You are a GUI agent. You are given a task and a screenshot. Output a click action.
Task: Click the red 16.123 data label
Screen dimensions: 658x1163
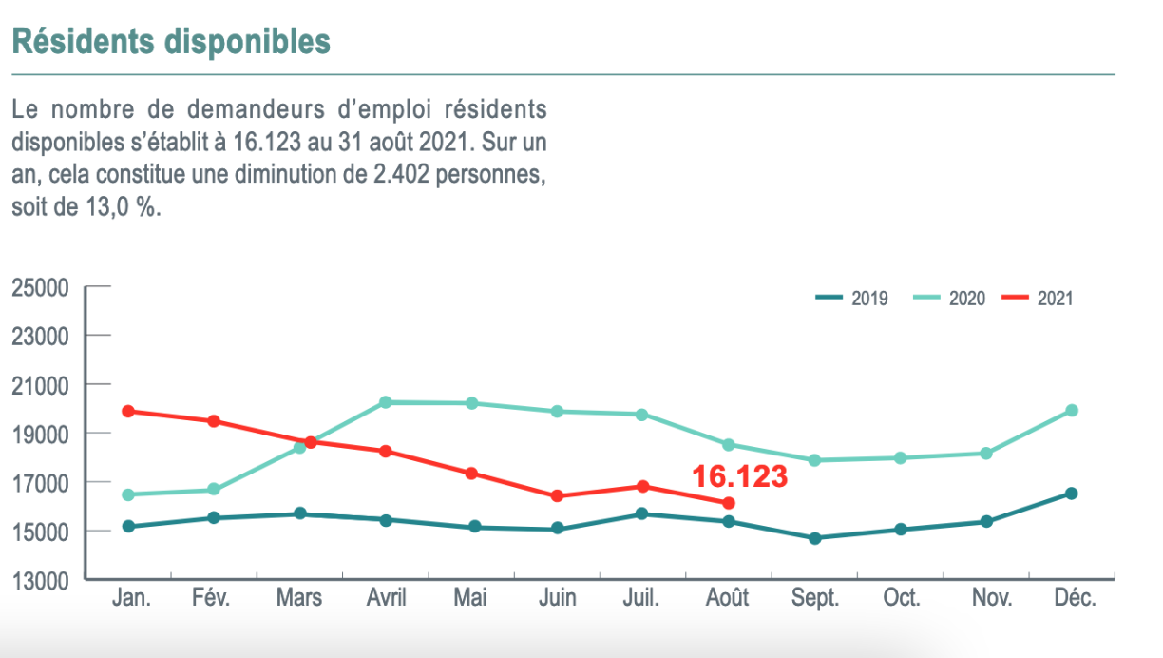739,476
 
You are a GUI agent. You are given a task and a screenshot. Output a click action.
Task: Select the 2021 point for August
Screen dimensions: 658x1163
729,503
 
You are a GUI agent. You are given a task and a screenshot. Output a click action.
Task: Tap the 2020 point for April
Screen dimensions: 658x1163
386,402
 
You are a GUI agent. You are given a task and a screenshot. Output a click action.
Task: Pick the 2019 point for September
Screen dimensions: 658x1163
814,538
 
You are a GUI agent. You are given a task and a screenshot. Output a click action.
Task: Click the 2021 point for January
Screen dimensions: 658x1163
128,412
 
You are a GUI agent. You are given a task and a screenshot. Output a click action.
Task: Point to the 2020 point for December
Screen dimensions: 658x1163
1072,410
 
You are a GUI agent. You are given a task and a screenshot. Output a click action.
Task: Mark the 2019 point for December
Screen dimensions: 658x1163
1072,493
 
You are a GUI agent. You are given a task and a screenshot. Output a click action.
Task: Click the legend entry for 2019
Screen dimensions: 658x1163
851,299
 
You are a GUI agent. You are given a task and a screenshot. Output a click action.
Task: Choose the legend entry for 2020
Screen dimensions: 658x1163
949,299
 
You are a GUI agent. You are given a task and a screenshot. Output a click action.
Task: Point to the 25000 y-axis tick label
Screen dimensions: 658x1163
41,287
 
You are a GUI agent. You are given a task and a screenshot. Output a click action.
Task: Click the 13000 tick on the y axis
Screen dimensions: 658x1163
41,579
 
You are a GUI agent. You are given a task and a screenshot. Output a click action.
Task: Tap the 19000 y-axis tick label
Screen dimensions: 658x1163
41,434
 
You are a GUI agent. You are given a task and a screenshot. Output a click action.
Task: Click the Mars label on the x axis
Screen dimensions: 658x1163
299,598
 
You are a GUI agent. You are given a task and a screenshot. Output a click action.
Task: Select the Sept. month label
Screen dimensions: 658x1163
815,598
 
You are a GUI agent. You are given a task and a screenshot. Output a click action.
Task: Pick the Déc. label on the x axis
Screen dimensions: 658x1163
1074,598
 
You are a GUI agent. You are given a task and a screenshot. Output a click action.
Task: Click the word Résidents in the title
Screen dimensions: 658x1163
82,43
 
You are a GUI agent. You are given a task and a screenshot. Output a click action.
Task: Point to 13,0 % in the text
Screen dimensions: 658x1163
117,208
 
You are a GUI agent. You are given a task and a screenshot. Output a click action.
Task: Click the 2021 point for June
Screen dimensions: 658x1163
557,495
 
